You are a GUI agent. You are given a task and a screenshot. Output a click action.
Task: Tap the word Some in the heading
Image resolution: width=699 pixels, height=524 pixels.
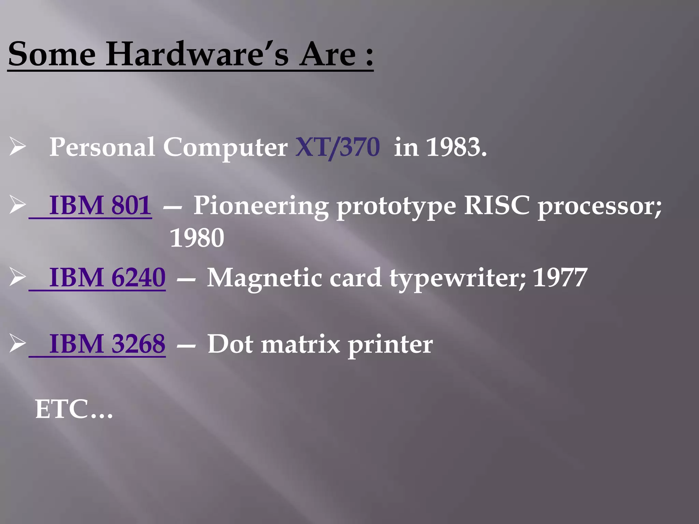click(x=52, y=54)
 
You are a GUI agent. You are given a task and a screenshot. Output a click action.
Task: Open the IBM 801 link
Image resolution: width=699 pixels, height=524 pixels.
click(x=100, y=205)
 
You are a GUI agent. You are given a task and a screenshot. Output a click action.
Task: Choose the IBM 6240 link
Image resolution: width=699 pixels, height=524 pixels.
click(x=107, y=277)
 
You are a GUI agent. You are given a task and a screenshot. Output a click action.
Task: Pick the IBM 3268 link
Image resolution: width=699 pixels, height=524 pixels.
click(x=107, y=344)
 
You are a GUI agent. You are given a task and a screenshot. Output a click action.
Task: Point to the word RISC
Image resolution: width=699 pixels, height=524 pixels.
click(x=496, y=205)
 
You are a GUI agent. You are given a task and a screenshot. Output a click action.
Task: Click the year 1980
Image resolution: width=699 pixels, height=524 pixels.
click(x=197, y=238)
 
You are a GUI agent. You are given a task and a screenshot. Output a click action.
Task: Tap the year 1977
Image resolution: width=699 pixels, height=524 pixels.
click(x=560, y=277)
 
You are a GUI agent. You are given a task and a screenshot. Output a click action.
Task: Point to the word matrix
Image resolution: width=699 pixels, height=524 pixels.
click(x=300, y=344)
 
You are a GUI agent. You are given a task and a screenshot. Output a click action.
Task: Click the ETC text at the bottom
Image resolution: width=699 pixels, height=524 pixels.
click(x=74, y=409)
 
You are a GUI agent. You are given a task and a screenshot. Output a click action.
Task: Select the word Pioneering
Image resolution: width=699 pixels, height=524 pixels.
click(x=261, y=206)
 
